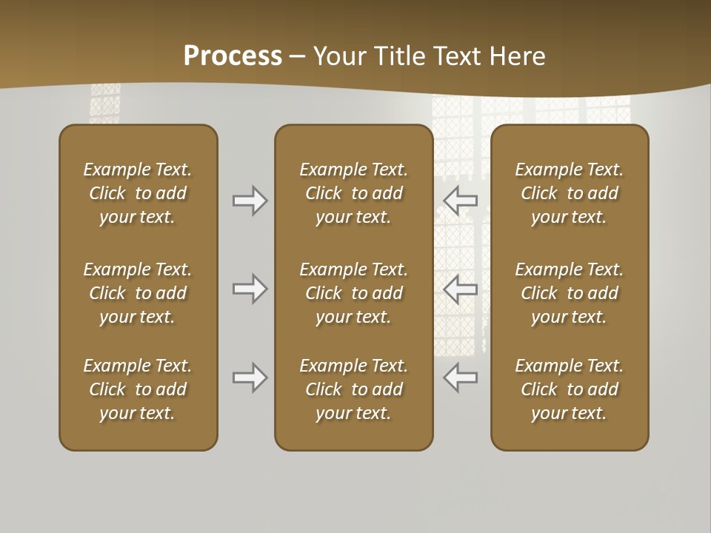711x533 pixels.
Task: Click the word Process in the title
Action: coord(233,56)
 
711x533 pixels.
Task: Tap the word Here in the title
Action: coord(515,56)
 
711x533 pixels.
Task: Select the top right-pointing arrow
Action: coord(250,200)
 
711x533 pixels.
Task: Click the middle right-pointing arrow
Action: coord(250,289)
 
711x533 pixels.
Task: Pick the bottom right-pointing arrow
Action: coord(250,378)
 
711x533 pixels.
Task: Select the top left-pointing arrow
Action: coord(460,200)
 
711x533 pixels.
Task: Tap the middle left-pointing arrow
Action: coord(460,289)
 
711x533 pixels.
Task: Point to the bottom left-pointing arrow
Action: coord(460,378)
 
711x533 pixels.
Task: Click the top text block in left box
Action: coord(138,193)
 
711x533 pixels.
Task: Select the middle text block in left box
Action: coord(138,293)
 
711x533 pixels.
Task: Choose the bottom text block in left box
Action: coord(138,389)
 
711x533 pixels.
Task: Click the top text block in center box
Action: coord(353,193)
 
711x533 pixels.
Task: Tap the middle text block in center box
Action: coord(353,293)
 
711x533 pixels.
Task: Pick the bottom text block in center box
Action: coord(353,389)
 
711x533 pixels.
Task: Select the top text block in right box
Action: coord(569,193)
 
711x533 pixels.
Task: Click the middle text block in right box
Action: coord(569,293)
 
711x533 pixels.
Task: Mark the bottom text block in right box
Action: coord(569,389)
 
